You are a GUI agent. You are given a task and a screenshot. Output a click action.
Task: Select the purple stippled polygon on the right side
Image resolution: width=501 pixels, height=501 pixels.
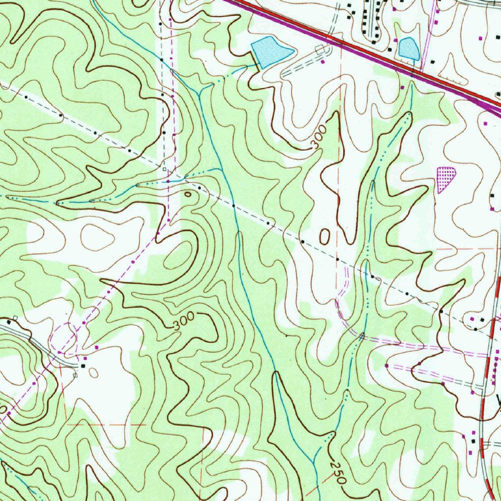(445, 178)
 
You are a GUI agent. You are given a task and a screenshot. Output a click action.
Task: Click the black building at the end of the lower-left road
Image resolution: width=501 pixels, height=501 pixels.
(83, 365)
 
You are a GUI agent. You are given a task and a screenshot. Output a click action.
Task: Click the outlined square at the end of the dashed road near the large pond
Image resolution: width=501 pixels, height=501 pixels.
(319, 49)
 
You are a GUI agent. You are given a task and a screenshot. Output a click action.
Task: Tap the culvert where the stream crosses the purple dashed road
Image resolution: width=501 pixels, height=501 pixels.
(362, 336)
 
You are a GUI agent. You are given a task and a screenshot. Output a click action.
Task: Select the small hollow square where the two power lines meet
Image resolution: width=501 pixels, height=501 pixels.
(165, 169)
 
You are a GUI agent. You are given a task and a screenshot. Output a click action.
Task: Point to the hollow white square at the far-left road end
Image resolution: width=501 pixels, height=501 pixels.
(15, 318)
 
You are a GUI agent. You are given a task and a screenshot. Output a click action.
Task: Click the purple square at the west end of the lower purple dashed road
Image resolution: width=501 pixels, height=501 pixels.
(387, 365)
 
